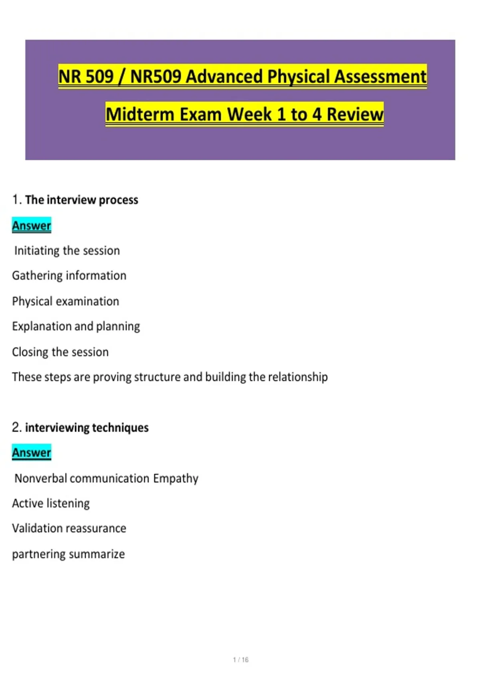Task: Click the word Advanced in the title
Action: click(x=224, y=76)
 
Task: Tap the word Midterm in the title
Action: click(x=140, y=114)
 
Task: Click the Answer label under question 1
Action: click(x=32, y=226)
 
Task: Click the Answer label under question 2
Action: click(x=32, y=452)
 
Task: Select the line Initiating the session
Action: click(x=67, y=251)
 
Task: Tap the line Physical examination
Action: click(x=65, y=301)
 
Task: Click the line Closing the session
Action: click(x=60, y=352)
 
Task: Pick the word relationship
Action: click(x=298, y=377)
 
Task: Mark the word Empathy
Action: click(x=176, y=479)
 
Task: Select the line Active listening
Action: click(x=51, y=504)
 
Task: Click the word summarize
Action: click(x=97, y=554)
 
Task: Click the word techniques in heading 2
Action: click(x=120, y=427)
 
